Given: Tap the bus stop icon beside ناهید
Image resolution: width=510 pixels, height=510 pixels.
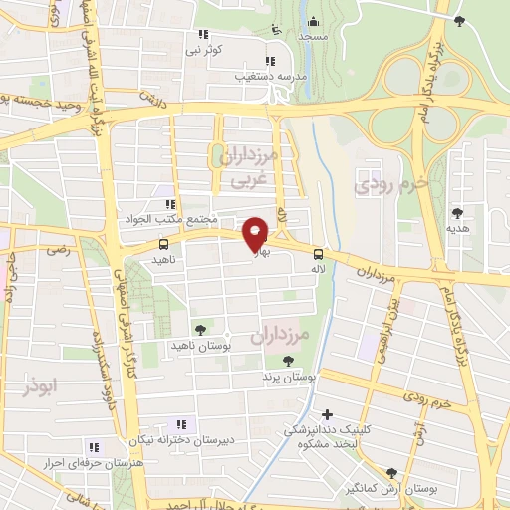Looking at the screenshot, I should coord(163,243).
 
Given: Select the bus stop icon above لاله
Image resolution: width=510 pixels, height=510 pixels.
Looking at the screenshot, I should coord(318,253).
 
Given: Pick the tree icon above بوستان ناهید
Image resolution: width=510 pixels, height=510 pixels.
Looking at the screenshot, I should coord(200,327).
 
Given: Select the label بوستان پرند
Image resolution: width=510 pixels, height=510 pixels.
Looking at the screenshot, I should coord(290,379).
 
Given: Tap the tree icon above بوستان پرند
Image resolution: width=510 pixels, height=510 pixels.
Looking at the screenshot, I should coord(289,362).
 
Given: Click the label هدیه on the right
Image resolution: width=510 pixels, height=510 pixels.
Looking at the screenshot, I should coord(457,228).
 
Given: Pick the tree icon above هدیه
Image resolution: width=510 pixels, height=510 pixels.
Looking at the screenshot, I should coord(457,213).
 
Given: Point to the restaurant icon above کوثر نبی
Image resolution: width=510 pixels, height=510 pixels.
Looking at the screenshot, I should coord(198,34).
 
